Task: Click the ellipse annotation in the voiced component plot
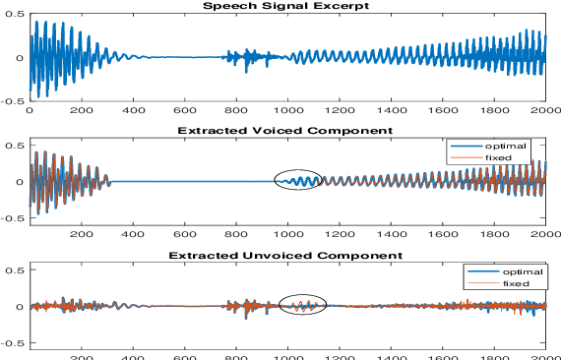click(x=301, y=180)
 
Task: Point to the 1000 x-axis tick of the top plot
click(x=288, y=111)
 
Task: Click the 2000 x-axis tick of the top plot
click(x=544, y=111)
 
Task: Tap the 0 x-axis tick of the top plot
click(x=31, y=111)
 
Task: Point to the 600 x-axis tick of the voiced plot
click(x=185, y=236)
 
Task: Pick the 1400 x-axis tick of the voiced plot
click(x=391, y=236)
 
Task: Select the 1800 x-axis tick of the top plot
click(x=493, y=111)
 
